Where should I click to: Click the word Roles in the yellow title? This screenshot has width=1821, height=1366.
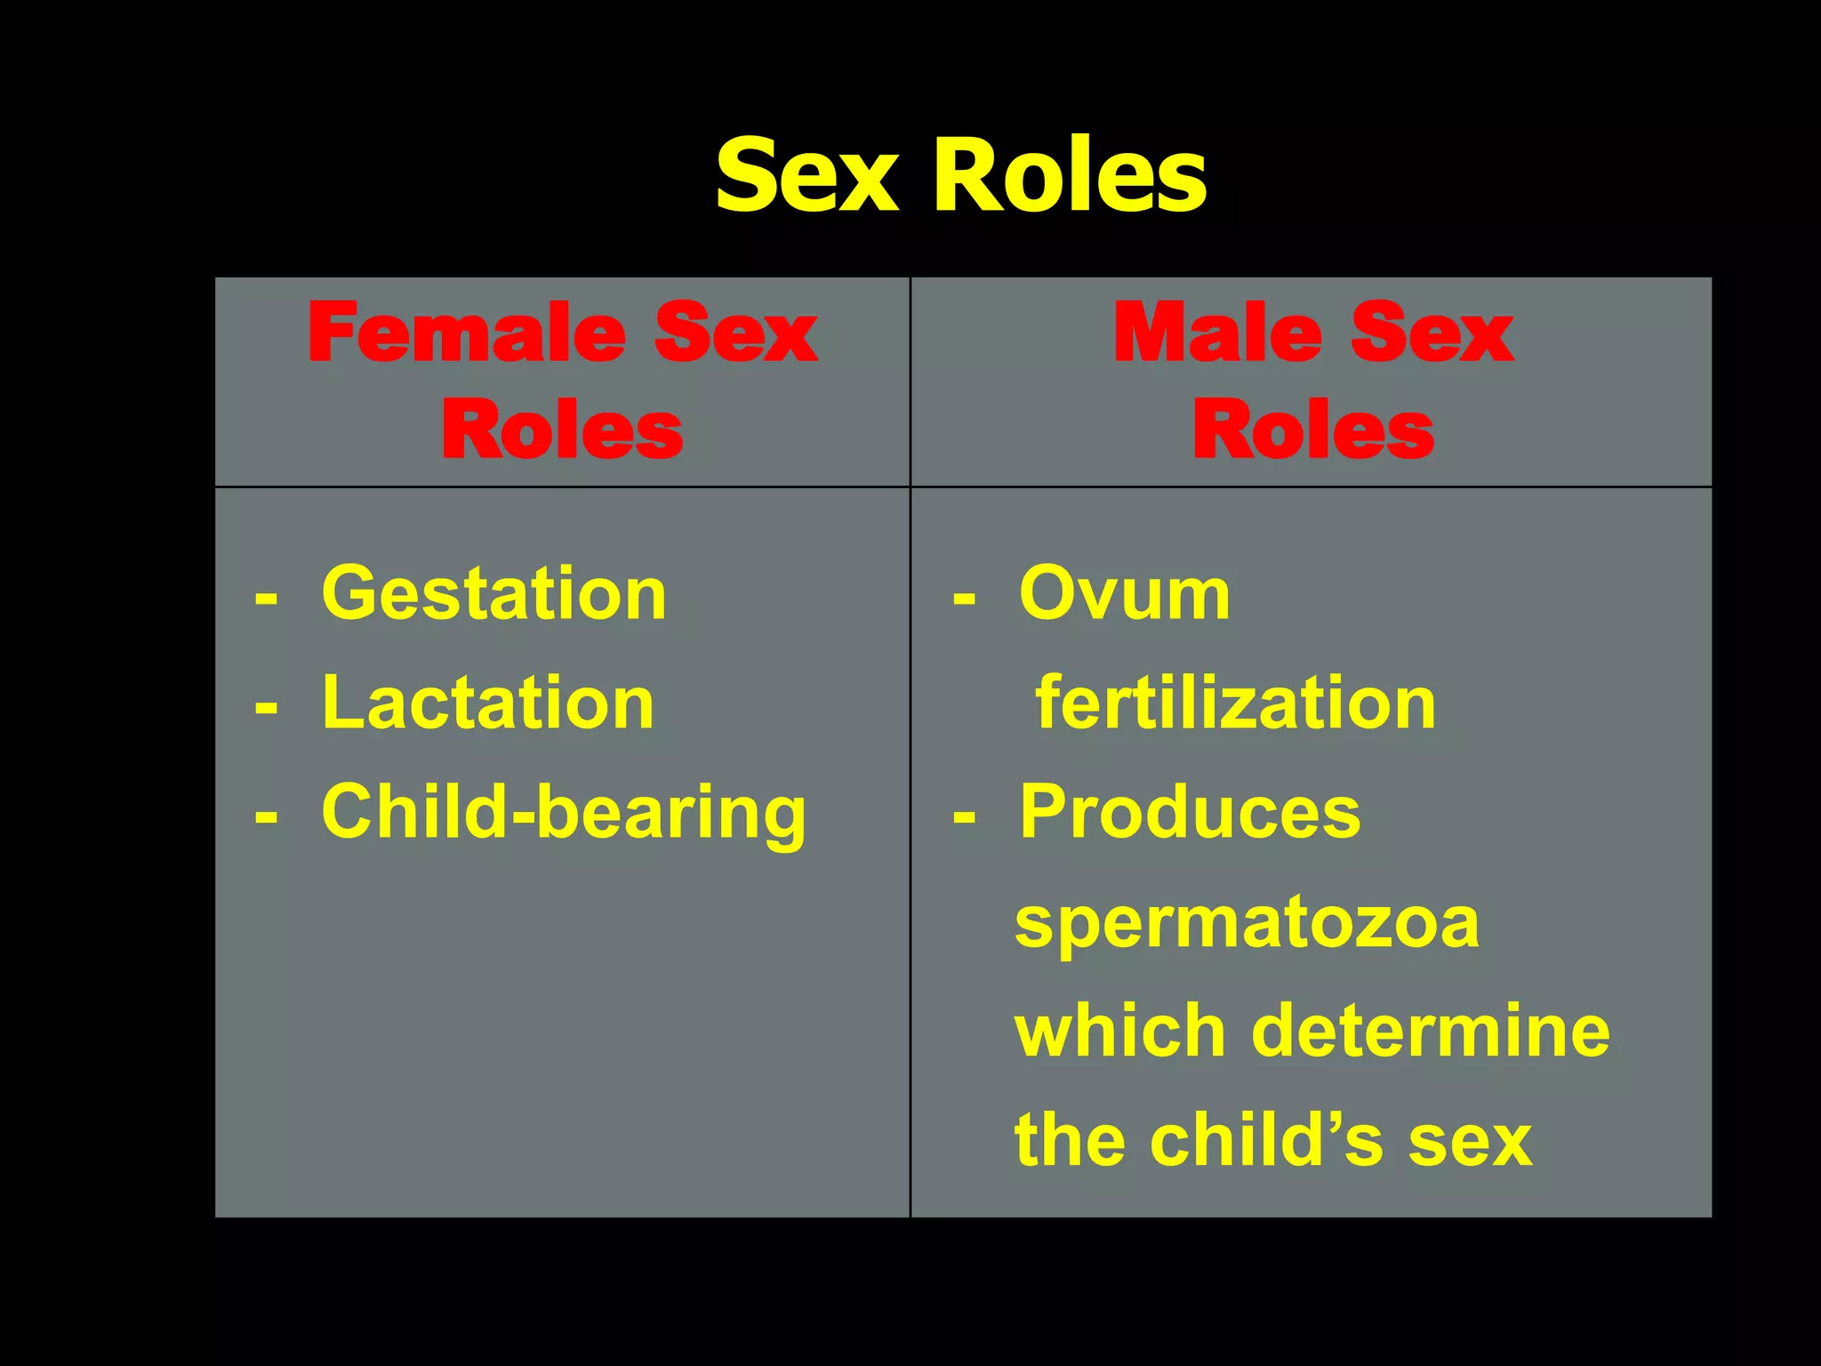(1070, 176)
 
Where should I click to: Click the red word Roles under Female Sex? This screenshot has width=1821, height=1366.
(562, 430)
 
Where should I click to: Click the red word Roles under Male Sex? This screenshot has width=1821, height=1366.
(1312, 430)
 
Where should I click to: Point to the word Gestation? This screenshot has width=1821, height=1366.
(493, 594)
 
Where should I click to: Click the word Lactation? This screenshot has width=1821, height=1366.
(488, 703)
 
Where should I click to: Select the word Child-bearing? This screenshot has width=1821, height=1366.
(563, 814)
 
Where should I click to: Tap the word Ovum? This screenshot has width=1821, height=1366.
(1125, 594)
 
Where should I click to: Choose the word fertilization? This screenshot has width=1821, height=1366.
(1235, 703)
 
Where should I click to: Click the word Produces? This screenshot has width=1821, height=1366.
(1190, 812)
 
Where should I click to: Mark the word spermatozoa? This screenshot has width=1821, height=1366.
(1247, 923)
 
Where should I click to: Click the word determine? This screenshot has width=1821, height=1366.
(1431, 1032)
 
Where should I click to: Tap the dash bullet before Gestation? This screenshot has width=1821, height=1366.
(266, 598)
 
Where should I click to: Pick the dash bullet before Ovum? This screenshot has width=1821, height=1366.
(964, 598)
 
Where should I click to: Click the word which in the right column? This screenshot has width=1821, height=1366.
(1120, 1032)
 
